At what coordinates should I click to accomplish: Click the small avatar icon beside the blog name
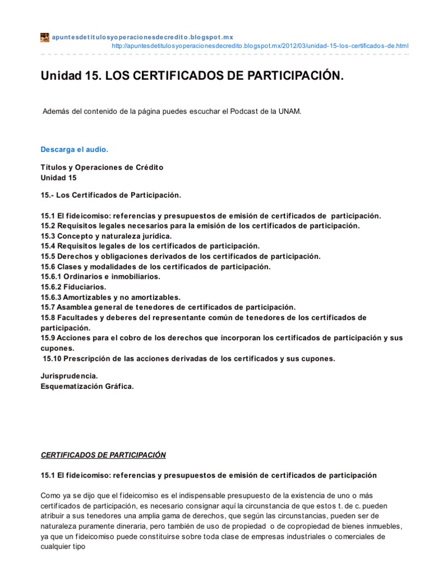click(x=45, y=37)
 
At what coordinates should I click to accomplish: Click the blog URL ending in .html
click(x=260, y=45)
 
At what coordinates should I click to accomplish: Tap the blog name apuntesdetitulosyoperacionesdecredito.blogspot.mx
click(x=142, y=37)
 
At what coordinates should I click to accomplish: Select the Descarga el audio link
click(x=74, y=150)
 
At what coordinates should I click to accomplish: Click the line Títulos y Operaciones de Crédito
click(x=102, y=168)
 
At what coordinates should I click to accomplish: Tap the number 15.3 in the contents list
click(x=49, y=236)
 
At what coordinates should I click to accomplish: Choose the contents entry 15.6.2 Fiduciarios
click(x=73, y=287)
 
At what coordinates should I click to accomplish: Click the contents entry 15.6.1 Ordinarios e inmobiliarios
click(x=100, y=277)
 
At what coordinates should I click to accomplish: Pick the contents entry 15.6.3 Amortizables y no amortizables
click(x=111, y=297)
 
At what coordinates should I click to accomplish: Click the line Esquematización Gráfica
click(x=88, y=387)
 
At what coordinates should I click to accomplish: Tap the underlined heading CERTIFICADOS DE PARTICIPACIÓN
click(x=103, y=455)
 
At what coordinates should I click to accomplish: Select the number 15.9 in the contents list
click(x=49, y=338)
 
